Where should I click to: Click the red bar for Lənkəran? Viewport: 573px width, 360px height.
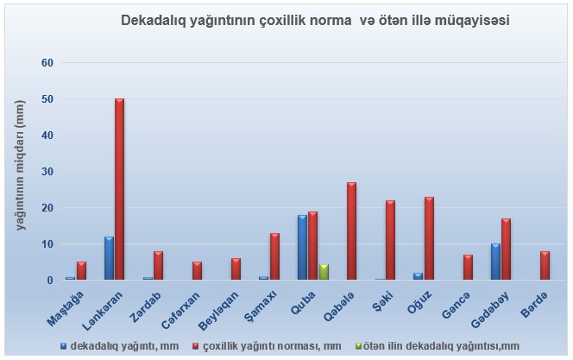click(119, 190)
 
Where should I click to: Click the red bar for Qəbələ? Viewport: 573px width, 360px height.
click(351, 231)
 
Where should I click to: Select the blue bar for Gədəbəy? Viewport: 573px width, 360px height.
click(495, 262)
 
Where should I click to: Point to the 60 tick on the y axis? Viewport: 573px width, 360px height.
click(47, 63)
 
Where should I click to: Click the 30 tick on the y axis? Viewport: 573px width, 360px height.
click(47, 172)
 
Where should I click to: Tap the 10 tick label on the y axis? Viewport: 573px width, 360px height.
click(47, 244)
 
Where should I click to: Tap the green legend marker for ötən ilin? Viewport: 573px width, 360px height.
click(393, 345)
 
